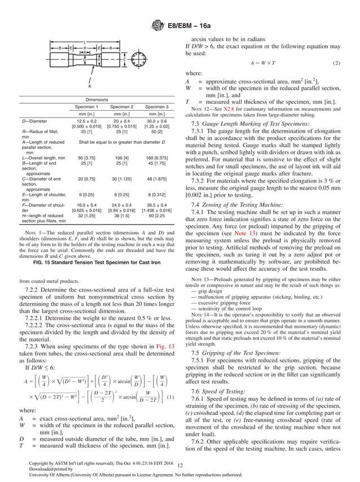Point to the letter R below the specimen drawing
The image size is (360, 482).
pos(89,86)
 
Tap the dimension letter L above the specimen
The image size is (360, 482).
pos(85,41)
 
